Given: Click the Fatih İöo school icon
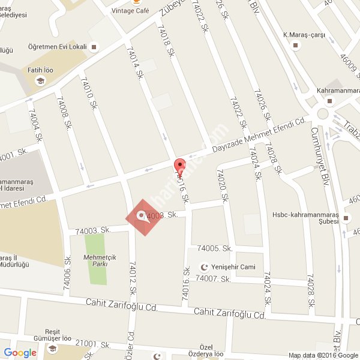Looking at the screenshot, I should [x=40, y=81].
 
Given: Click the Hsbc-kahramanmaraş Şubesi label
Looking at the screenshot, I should [x=305, y=217].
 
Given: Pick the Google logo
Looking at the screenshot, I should [x=20, y=353].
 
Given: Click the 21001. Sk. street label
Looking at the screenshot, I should [x=93, y=344].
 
